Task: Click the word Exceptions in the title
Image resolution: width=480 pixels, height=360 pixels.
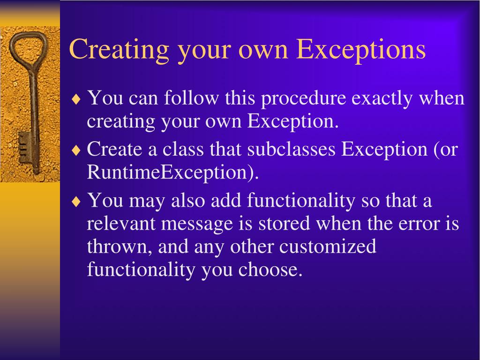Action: pyautogui.click(x=361, y=50)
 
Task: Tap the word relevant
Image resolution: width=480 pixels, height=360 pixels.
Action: pyautogui.click(x=121, y=224)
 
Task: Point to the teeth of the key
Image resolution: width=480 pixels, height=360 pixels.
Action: pyautogui.click(x=24, y=147)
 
